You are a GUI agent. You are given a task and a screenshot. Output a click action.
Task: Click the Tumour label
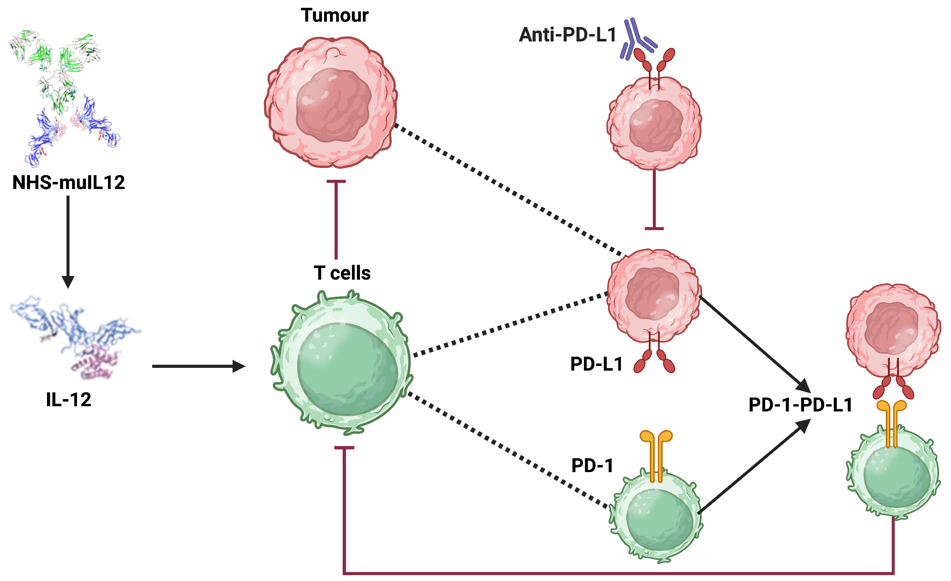(x=334, y=15)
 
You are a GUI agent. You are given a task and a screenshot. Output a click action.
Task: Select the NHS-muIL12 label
(x=69, y=182)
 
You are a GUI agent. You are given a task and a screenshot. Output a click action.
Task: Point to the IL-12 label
(x=69, y=400)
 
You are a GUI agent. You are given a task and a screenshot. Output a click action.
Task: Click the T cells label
(x=342, y=273)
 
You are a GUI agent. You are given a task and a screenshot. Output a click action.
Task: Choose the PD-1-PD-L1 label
(x=800, y=405)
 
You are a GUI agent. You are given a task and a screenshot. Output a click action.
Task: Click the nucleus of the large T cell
(x=347, y=369)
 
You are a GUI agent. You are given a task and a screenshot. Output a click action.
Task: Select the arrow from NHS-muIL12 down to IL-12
(x=68, y=239)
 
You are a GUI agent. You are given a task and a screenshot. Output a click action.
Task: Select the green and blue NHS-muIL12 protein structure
(x=64, y=97)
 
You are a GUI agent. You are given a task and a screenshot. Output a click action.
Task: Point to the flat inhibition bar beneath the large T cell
(x=344, y=448)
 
